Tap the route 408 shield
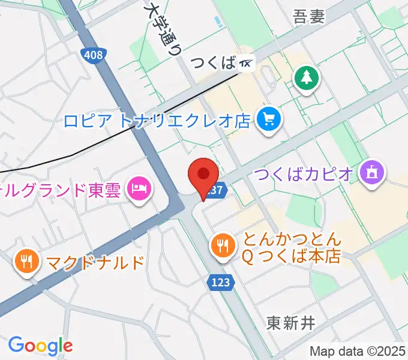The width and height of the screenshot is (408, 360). pyautogui.click(x=93, y=55)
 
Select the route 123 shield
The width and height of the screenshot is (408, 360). pyautogui.click(x=220, y=282)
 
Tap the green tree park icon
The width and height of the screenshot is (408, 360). pyautogui.click(x=307, y=78)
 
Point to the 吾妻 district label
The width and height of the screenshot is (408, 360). pyautogui.click(x=309, y=17)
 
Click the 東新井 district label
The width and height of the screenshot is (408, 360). pyautogui.click(x=290, y=323)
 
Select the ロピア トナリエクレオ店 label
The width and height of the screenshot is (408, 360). pyautogui.click(x=157, y=121)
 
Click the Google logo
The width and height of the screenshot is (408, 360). pyautogui.click(x=40, y=345)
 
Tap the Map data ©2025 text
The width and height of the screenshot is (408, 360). pyautogui.click(x=358, y=351)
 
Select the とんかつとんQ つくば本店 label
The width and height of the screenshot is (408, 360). pyautogui.click(x=292, y=248)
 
